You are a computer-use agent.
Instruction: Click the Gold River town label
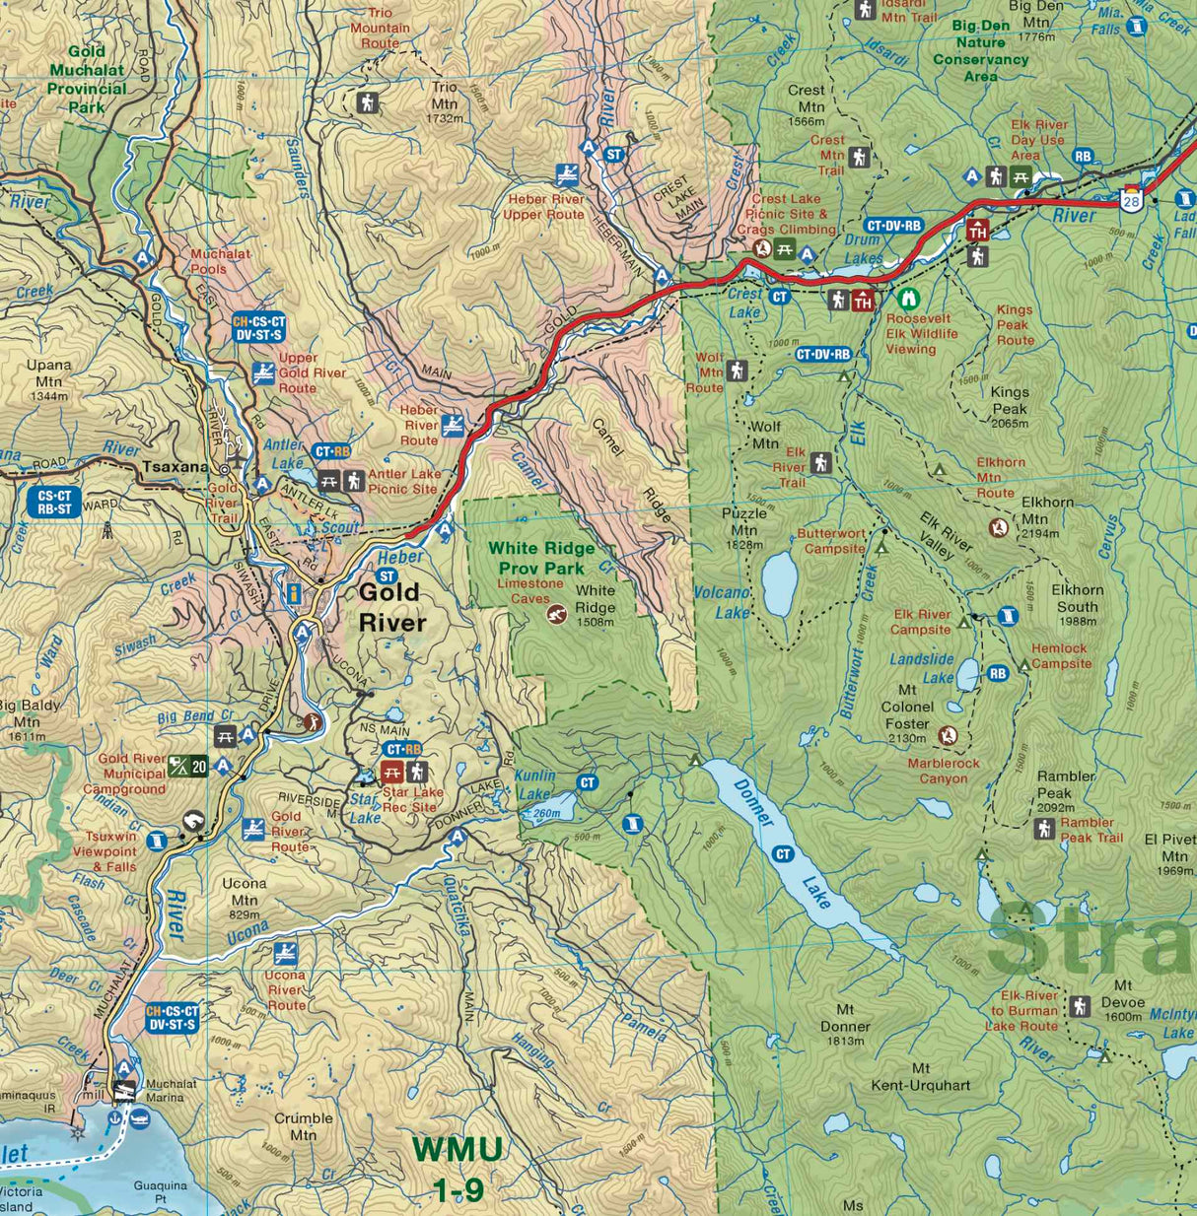(x=391, y=607)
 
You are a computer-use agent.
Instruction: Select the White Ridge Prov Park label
(x=541, y=558)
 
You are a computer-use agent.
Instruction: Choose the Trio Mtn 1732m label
(x=445, y=101)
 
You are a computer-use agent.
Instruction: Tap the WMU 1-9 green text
(x=458, y=1169)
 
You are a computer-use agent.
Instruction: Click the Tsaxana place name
(x=175, y=466)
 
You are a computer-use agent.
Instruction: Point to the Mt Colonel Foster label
(x=906, y=707)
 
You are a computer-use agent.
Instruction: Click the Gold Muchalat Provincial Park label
(x=87, y=79)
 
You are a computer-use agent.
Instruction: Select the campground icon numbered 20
(x=187, y=765)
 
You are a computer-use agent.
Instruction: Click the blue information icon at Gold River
(x=293, y=593)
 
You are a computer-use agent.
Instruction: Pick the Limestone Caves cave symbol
(x=556, y=614)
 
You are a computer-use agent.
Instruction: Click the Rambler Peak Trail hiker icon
(x=1044, y=829)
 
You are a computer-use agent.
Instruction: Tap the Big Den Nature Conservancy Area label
(x=980, y=50)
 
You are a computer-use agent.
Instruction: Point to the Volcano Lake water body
(x=779, y=583)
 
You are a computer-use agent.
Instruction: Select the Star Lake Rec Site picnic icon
(x=391, y=772)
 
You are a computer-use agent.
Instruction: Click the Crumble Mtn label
(x=303, y=1126)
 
